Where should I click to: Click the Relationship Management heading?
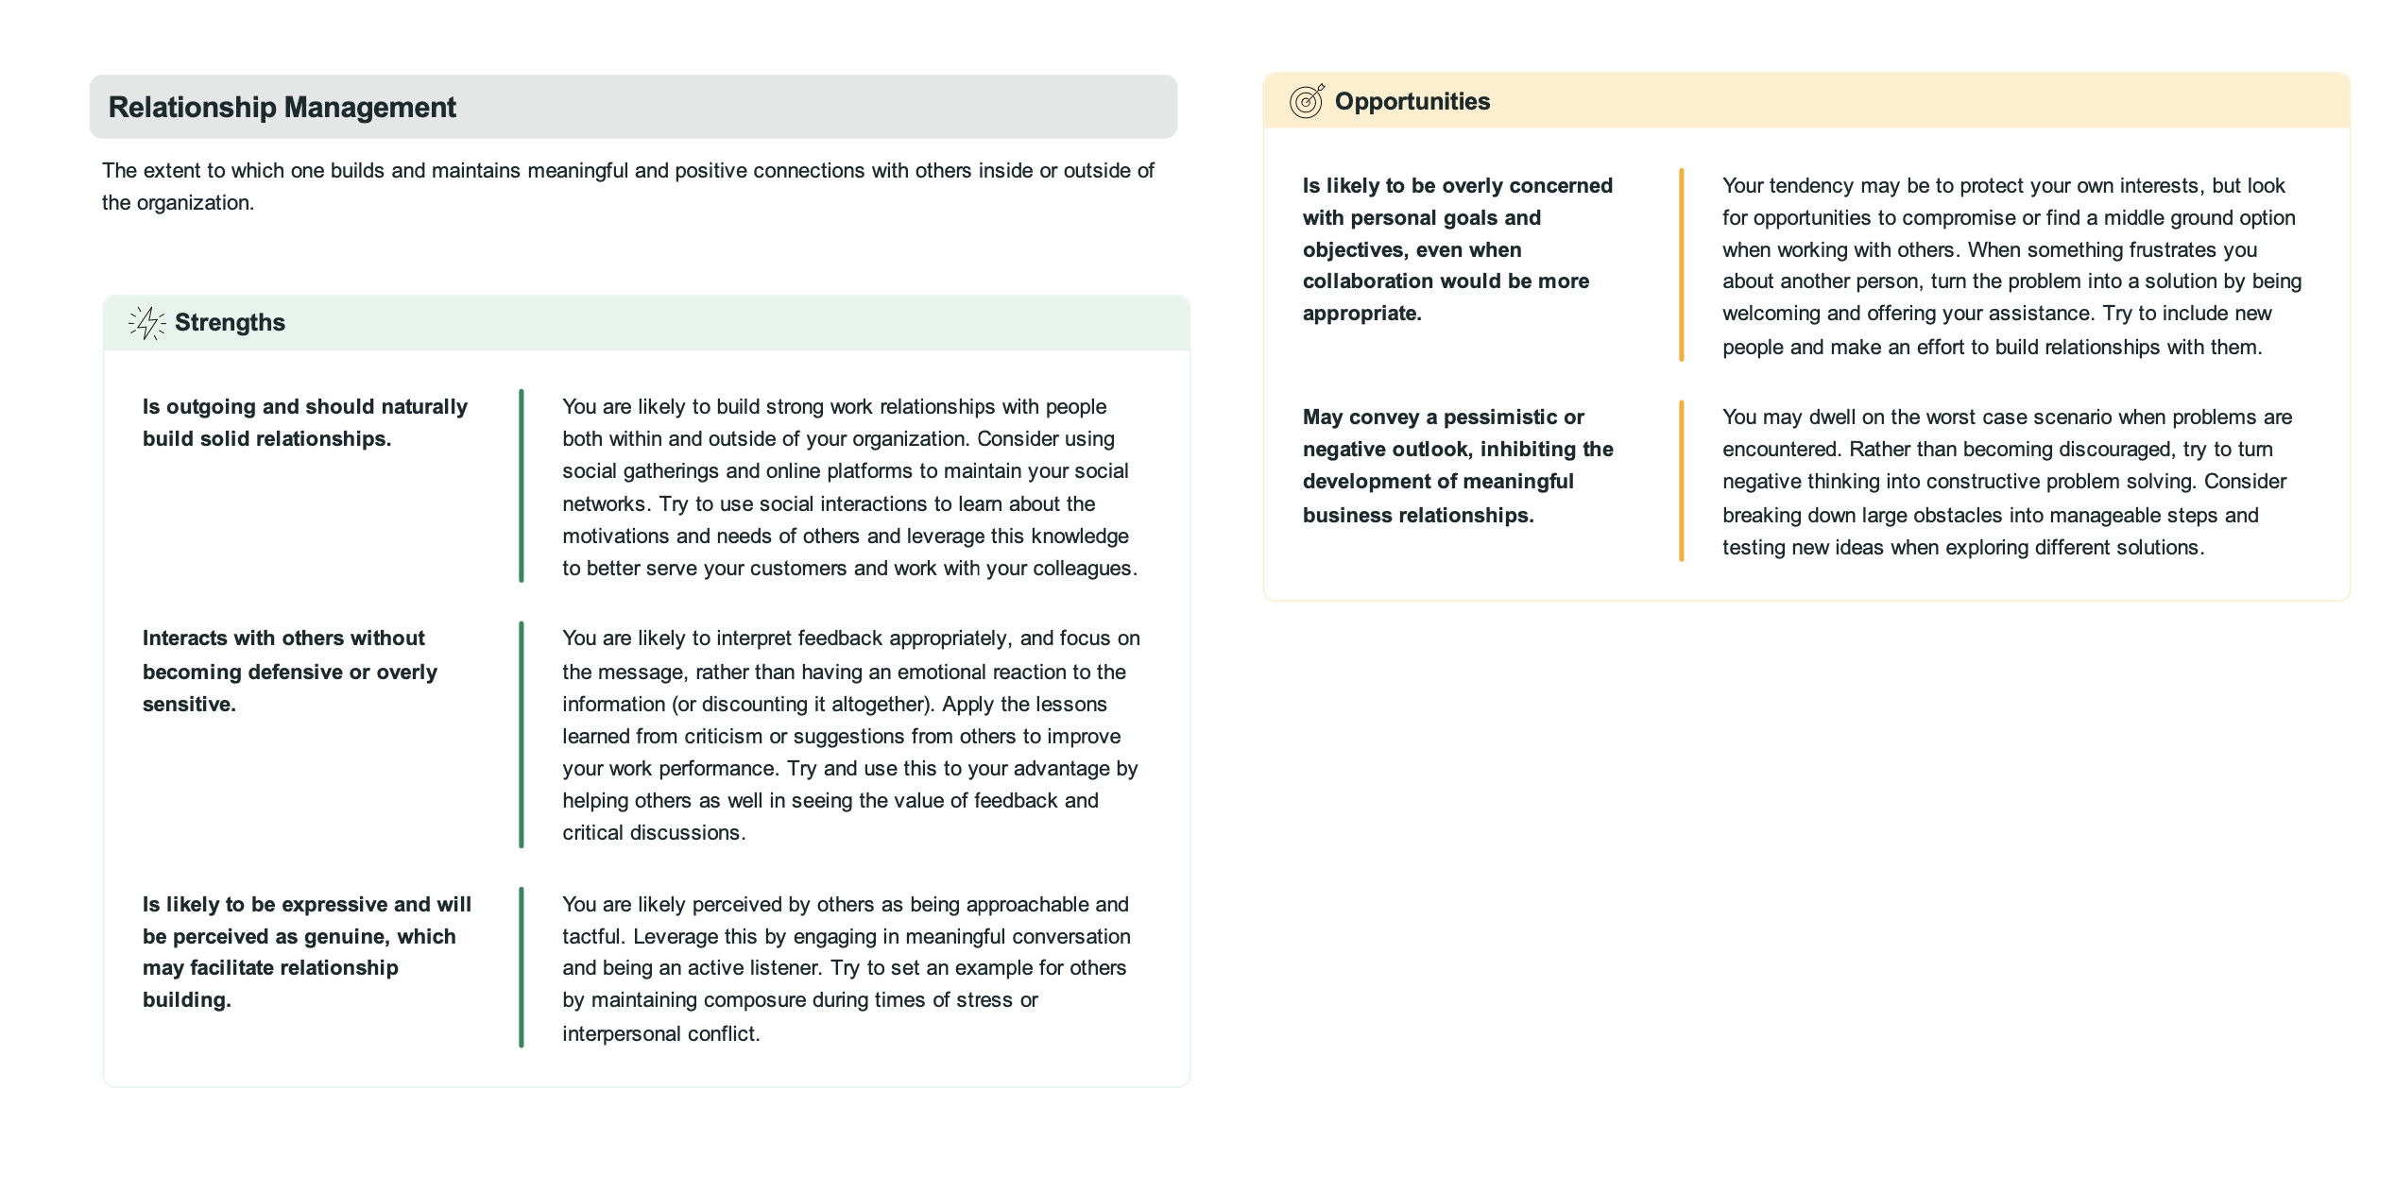(282, 108)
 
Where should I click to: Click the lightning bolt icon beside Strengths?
(146, 323)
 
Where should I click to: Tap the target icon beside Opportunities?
(1307, 100)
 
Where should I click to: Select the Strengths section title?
(230, 323)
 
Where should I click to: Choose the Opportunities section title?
(1412, 102)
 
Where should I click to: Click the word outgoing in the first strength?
(211, 407)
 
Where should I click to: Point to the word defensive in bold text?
(295, 673)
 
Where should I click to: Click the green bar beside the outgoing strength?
(521, 486)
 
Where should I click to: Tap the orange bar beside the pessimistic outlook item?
(1681, 482)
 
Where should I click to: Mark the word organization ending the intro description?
(195, 203)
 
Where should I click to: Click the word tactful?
(592, 937)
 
